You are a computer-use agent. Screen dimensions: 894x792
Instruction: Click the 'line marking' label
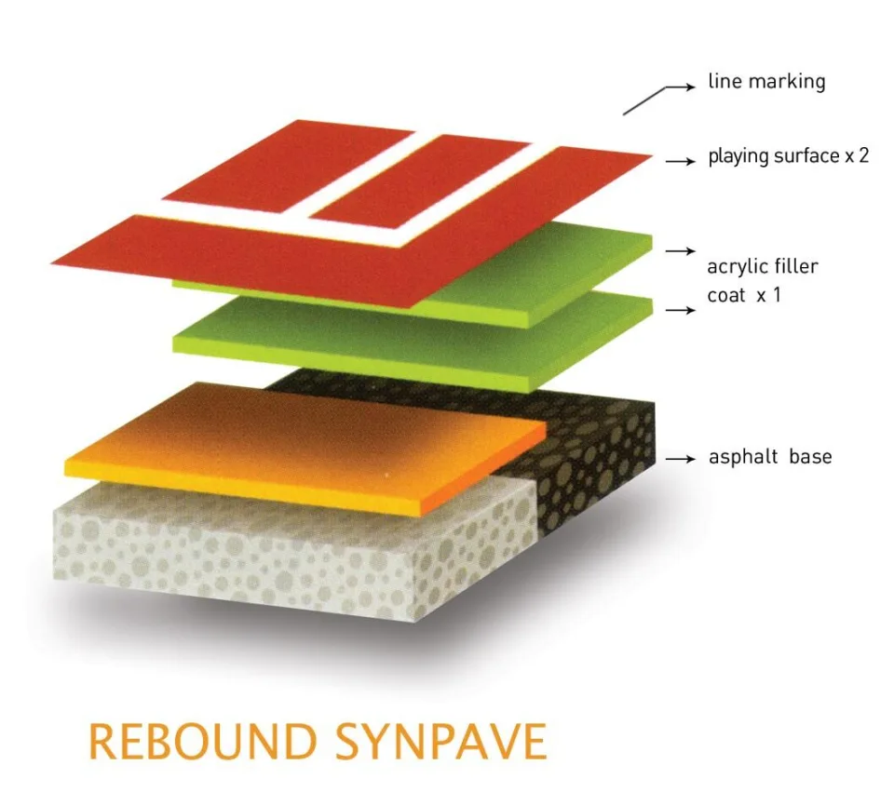click(766, 82)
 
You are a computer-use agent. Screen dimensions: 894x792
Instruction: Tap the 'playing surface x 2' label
click(788, 155)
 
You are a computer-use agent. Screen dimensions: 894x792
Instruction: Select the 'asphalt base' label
click(770, 456)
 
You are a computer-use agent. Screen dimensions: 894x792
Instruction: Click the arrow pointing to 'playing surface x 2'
click(680, 162)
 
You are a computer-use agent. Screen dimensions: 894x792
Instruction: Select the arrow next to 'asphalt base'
click(680, 459)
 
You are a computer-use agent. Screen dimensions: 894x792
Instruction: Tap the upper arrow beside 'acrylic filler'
click(680, 250)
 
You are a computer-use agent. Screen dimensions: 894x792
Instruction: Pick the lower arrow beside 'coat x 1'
click(680, 310)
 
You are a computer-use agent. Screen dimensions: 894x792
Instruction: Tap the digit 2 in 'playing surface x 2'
click(862, 155)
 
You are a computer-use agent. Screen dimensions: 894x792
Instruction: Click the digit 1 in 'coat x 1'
click(776, 295)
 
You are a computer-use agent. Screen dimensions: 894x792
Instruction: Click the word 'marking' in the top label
click(787, 82)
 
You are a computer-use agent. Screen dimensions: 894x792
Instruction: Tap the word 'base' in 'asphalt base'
click(810, 456)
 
